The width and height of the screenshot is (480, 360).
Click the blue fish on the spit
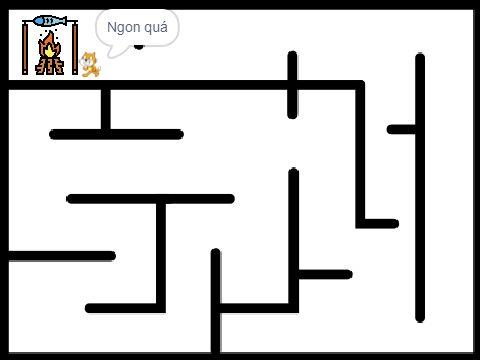(x=50, y=21)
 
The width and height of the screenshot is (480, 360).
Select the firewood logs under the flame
(x=49, y=66)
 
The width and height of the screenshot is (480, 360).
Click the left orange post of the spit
(x=25, y=48)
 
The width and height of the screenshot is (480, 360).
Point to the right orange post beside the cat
(x=75, y=48)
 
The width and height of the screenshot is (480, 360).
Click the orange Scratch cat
(x=90, y=64)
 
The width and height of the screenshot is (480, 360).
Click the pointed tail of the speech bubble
(x=110, y=56)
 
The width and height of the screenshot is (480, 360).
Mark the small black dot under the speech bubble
(x=139, y=47)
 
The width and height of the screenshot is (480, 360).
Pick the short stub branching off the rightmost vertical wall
(x=401, y=129)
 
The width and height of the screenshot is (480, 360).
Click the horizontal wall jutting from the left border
(x=62, y=256)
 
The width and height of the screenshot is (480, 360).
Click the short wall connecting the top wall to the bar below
(x=106, y=109)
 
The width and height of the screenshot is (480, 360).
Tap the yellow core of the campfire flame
(x=50, y=51)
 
